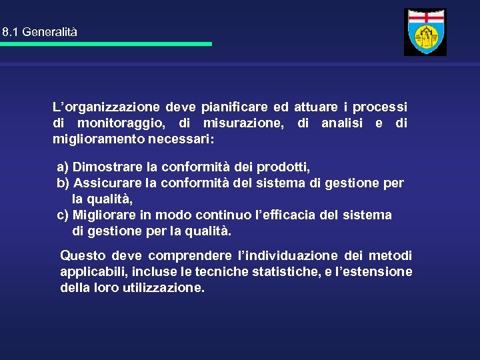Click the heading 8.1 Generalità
point(40,31)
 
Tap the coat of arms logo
point(425,32)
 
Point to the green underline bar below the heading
point(106,44)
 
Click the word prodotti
point(283,166)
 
